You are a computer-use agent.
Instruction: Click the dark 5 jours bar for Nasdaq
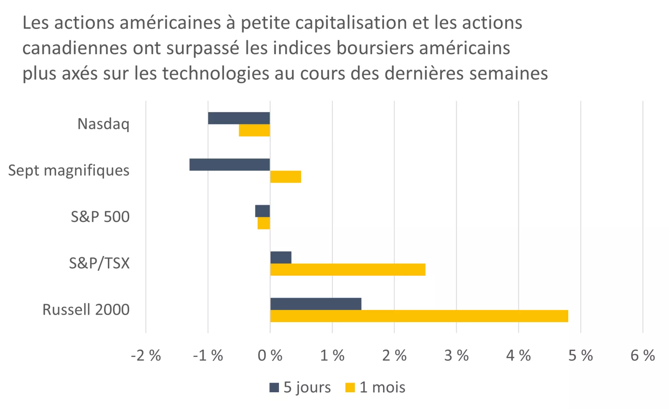tap(239, 118)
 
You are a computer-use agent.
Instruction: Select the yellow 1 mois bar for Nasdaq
tap(254, 131)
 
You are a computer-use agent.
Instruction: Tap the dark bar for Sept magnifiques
tap(230, 165)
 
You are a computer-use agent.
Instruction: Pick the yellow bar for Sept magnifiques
tap(286, 177)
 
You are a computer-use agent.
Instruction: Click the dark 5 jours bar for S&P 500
tap(263, 211)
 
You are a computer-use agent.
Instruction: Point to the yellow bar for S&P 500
tap(264, 224)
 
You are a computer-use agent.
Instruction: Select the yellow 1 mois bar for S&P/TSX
tap(347, 270)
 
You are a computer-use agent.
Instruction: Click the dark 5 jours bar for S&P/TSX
tap(281, 258)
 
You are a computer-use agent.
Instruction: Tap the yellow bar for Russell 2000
tap(419, 316)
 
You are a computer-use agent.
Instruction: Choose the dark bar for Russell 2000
tap(316, 304)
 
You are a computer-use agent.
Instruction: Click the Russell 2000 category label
tap(86, 310)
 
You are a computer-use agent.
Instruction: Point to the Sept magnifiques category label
tap(69, 170)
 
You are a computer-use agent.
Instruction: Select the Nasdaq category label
tap(103, 124)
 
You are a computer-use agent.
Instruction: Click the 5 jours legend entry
tap(300, 387)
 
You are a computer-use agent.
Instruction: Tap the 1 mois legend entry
tap(375, 387)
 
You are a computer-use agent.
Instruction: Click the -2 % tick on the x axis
tap(146, 356)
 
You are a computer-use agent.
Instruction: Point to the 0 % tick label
tap(270, 356)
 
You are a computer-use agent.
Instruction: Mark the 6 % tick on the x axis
tap(643, 356)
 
